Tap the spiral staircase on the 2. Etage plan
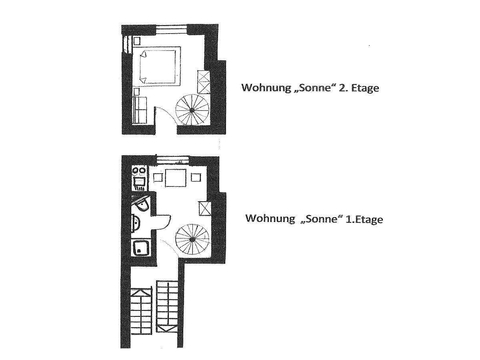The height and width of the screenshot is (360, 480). point(192,110)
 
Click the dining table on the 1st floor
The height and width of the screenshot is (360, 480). point(176,178)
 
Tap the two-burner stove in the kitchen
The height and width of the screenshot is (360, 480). point(139,171)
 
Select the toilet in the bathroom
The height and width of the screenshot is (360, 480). point(141,206)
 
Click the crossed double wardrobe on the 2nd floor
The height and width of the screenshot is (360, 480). point(204,82)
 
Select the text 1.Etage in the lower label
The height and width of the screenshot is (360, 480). point(364,219)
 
